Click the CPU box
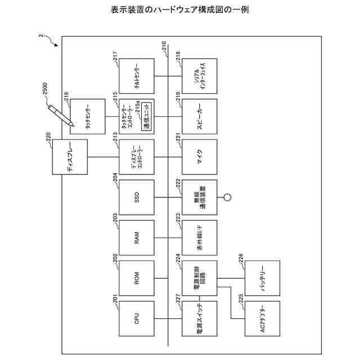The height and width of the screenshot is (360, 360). [137, 318]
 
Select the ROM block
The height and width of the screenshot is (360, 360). [137, 277]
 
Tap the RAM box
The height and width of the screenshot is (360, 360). [137, 238]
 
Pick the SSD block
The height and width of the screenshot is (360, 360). [137, 197]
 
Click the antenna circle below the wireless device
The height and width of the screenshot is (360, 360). [228, 197]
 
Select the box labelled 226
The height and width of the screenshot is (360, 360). [262, 278]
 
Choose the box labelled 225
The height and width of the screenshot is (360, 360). [262, 318]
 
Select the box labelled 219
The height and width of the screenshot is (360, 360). [199, 116]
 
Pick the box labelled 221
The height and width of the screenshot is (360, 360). [199, 157]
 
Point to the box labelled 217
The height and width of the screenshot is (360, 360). [137, 76]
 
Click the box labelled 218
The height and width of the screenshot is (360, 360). [199, 76]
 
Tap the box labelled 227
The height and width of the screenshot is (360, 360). [199, 318]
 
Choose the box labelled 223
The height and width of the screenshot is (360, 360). [199, 238]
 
